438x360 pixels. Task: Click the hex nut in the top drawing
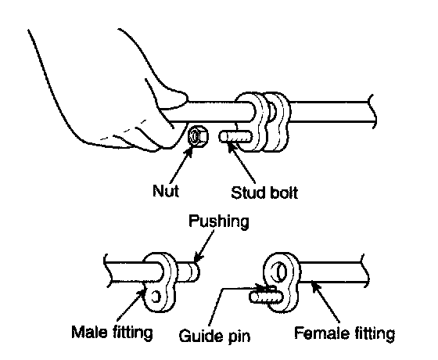point(198,136)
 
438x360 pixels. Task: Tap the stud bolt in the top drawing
point(235,137)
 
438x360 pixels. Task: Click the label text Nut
point(166,191)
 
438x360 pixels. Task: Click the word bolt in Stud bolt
point(282,193)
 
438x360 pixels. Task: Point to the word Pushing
point(219,222)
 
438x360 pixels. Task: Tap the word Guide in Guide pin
point(202,336)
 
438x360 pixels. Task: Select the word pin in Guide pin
point(239,337)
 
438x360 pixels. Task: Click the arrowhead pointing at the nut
point(189,151)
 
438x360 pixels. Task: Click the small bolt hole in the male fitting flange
point(156,297)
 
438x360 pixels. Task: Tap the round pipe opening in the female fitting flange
point(280,272)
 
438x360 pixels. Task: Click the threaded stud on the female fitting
point(266,297)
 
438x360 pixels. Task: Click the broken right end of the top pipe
point(372,112)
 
